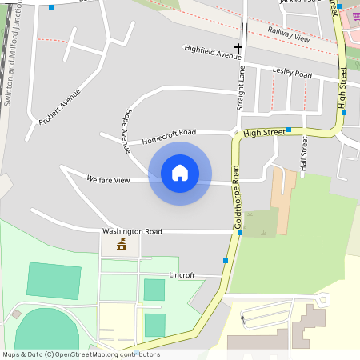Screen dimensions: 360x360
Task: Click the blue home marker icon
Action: pos(180,173)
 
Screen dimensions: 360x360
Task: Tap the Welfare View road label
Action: pos(108,180)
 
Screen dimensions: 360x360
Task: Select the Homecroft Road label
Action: pos(169,136)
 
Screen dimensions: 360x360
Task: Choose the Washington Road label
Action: pos(132,231)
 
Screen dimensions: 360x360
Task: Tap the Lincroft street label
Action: pos(182,275)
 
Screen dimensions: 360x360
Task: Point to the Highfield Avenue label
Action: pos(212,52)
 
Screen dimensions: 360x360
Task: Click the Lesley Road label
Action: pos(292,73)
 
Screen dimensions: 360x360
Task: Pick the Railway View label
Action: pos(288,33)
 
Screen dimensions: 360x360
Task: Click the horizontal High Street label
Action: pos(264,131)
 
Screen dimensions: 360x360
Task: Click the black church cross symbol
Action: pos(238,49)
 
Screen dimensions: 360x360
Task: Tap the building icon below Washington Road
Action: pos(122,244)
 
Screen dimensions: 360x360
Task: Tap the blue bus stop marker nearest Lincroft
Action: pos(226,261)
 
